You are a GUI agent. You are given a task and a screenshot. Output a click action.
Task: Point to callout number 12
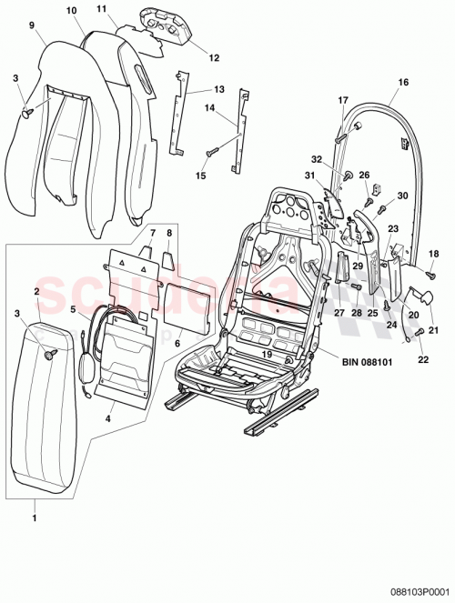click(215, 57)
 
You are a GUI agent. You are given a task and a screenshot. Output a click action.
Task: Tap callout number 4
click(110, 420)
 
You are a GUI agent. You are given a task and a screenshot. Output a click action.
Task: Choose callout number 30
click(403, 195)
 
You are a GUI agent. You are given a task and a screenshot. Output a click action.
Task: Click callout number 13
click(218, 89)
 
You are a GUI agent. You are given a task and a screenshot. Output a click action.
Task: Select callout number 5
click(75, 309)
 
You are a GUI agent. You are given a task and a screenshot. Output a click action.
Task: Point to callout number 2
click(36, 291)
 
